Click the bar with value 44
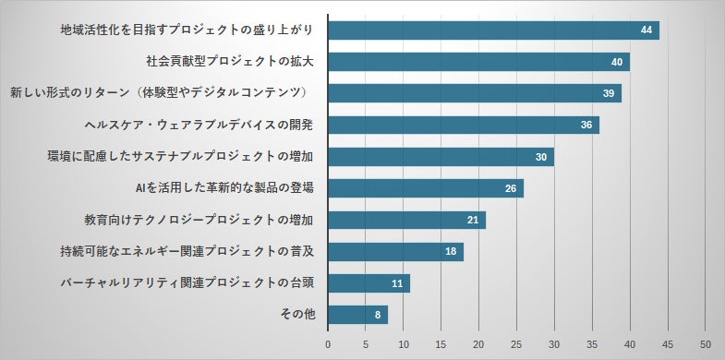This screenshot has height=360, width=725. click(x=493, y=30)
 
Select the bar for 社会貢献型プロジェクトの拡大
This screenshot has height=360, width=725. click(x=478, y=62)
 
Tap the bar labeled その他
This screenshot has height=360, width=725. click(x=357, y=315)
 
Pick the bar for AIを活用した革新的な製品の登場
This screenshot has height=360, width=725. click(x=426, y=188)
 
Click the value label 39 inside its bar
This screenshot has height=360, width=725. click(x=609, y=94)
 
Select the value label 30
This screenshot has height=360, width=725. click(x=541, y=157)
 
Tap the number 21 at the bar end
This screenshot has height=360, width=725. click(x=473, y=220)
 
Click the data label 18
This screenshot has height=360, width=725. click(x=451, y=252)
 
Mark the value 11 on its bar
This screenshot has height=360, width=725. click(x=397, y=283)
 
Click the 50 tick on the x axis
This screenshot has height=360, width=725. click(x=706, y=344)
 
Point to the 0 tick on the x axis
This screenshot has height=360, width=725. click(x=328, y=344)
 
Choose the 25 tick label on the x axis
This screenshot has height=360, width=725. click(x=517, y=344)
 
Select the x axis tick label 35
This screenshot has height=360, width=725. click(x=592, y=344)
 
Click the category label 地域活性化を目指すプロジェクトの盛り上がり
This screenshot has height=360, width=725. click(x=185, y=30)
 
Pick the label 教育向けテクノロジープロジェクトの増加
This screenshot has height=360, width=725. click(x=199, y=221)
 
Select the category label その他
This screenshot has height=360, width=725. click(x=297, y=315)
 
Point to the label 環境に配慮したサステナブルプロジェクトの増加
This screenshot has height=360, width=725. click(x=181, y=157)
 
